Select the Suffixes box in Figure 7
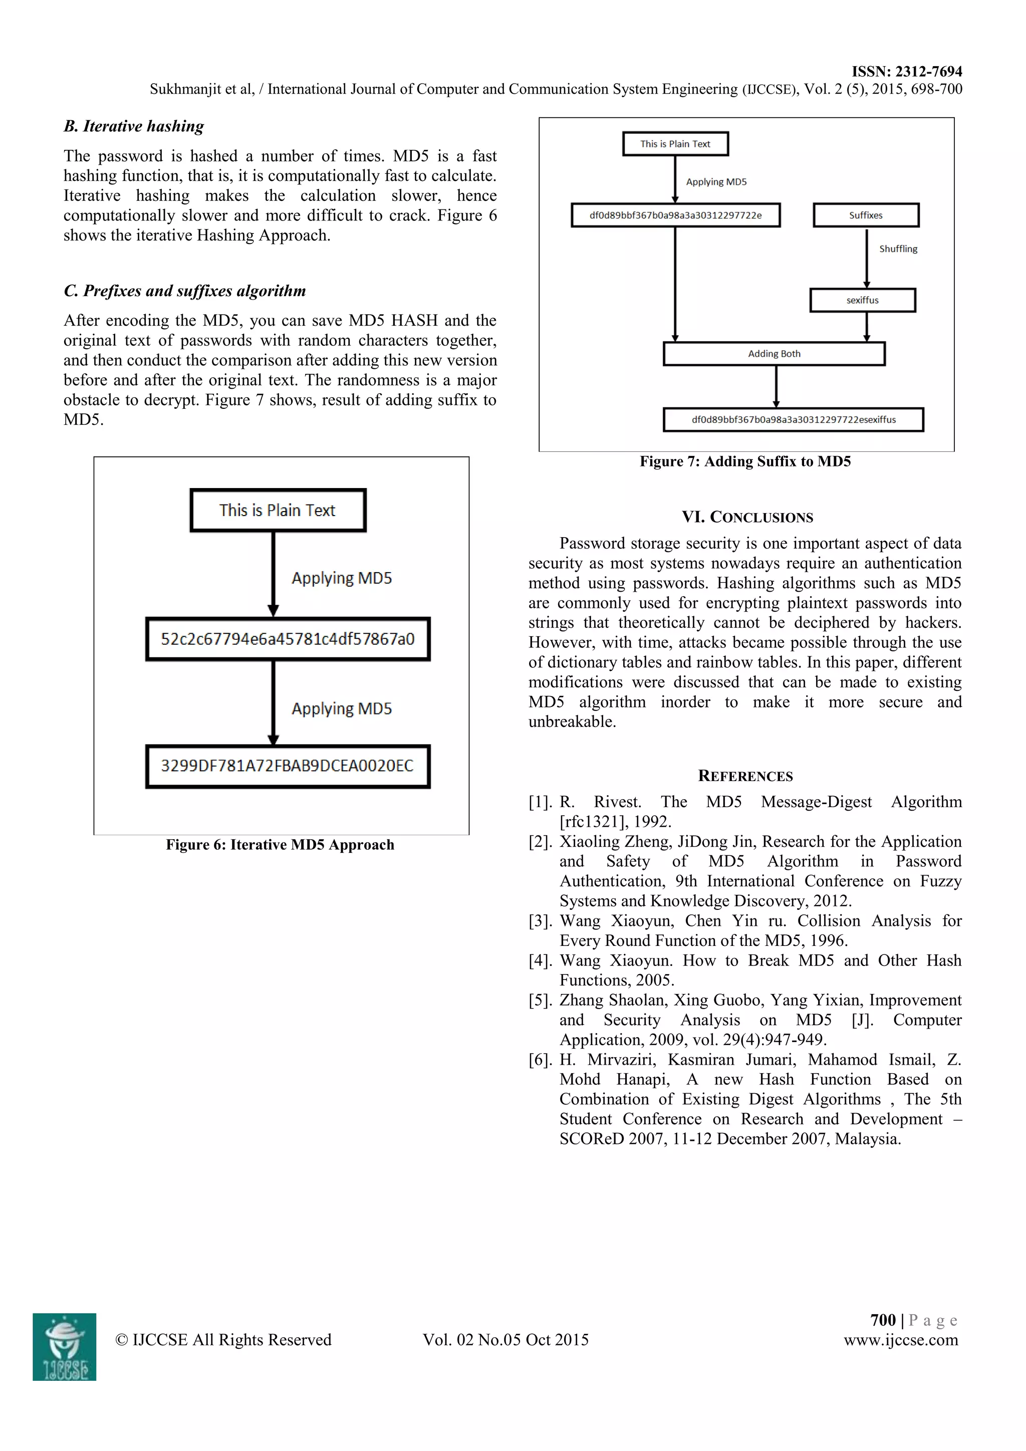pos(866,215)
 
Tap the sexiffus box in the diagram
pos(862,300)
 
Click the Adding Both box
pos(774,354)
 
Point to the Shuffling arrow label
pos(898,249)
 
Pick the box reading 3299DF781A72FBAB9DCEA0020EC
pos(288,766)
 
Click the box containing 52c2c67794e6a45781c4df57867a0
pos(288,639)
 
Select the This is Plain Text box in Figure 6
pos(278,510)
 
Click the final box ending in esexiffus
pos(793,420)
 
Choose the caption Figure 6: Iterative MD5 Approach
pos(280,845)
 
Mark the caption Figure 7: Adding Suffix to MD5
pos(745,461)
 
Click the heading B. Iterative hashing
pos(134,126)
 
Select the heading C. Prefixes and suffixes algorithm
pos(184,291)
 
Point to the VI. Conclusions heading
pos(747,517)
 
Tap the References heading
pos(745,776)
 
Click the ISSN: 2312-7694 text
pos(907,72)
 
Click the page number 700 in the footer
pos(883,1320)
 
